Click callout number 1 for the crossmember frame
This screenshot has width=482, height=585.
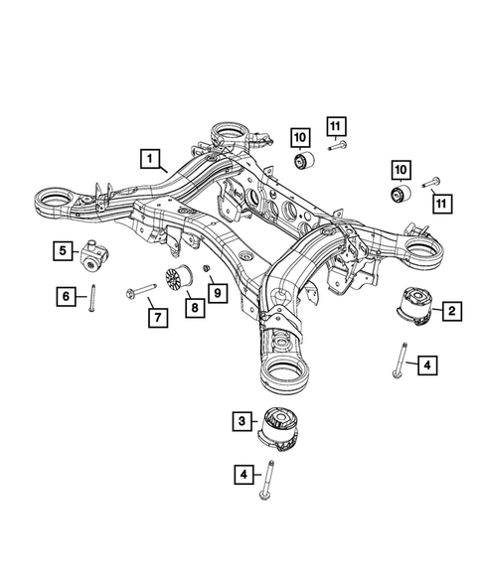tap(149, 157)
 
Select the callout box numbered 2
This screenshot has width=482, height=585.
tap(450, 312)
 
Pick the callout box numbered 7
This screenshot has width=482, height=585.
tap(156, 318)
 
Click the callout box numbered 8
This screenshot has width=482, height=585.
tap(193, 310)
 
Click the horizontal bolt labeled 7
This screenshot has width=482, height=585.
tap(138, 291)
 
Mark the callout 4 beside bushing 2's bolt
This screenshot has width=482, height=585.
tap(426, 366)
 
